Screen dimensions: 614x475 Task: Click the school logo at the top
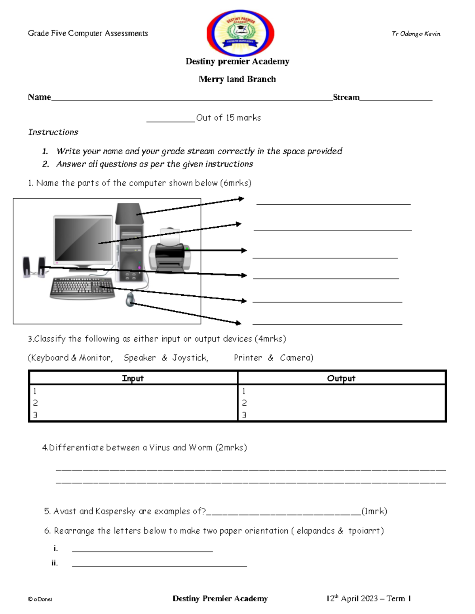click(x=240, y=33)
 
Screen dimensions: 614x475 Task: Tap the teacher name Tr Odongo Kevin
click(x=416, y=34)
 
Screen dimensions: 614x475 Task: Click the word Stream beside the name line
click(x=346, y=97)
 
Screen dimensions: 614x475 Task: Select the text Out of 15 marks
click(x=228, y=118)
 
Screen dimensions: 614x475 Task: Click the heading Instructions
click(x=53, y=132)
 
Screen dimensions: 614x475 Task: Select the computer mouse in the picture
click(x=130, y=299)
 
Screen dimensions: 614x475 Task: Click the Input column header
click(x=133, y=378)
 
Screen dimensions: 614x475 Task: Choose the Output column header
click(x=341, y=378)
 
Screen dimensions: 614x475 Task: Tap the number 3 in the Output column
click(x=244, y=415)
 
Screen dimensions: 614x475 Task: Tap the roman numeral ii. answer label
click(x=55, y=563)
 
